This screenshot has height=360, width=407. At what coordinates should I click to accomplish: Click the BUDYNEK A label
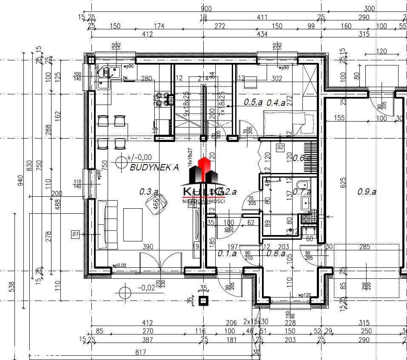click(x=154, y=167)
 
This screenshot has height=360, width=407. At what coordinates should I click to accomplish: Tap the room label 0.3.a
click(x=149, y=192)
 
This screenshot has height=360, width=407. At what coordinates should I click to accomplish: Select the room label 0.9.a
click(x=367, y=192)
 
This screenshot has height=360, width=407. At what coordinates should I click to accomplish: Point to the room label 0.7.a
click(x=302, y=192)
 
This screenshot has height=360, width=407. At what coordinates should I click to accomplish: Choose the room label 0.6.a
click(x=302, y=158)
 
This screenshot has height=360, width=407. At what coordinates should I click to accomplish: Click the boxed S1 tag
click(x=76, y=234)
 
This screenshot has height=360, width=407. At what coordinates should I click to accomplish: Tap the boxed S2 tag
click(x=280, y=147)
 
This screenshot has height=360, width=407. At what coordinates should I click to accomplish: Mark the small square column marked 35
click(x=204, y=300)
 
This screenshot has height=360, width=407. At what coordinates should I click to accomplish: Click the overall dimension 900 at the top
click(x=206, y=9)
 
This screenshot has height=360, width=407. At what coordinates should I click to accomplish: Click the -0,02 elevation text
click(x=147, y=288)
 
